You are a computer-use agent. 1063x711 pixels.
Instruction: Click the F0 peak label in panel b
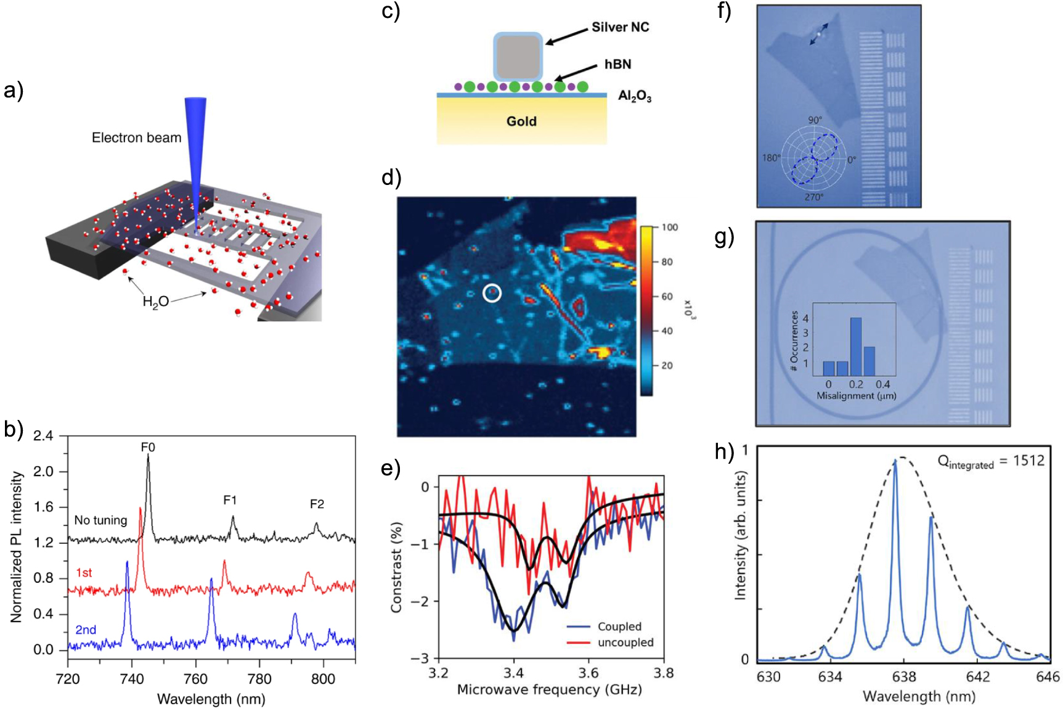(x=148, y=447)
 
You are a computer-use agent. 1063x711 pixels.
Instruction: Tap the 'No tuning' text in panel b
(x=100, y=520)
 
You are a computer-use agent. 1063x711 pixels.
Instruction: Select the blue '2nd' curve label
(x=86, y=630)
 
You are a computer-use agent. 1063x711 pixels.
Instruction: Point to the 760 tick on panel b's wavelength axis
(x=196, y=679)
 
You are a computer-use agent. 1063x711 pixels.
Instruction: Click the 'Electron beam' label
(x=136, y=138)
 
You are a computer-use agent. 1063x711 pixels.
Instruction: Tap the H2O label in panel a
(x=155, y=302)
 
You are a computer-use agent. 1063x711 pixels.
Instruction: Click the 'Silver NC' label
(x=620, y=27)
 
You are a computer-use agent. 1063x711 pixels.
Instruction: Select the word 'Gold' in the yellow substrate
(x=521, y=121)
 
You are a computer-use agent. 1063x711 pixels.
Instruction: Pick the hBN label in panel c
(x=617, y=65)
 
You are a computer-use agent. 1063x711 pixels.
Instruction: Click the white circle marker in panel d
(x=492, y=293)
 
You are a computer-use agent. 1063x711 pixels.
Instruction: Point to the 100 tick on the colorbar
(x=669, y=228)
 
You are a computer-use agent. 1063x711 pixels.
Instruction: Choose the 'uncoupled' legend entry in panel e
(x=625, y=643)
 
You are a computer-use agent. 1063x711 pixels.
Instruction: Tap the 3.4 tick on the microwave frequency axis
(x=513, y=672)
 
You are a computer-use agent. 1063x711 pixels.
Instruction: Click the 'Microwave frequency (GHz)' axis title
(x=549, y=689)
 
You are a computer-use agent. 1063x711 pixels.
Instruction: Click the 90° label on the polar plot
(x=815, y=120)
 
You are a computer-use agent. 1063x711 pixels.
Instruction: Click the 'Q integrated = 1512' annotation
(x=990, y=461)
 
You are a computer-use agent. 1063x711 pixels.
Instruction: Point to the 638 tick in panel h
(x=904, y=676)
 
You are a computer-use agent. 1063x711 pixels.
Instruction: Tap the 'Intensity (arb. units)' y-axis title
(x=740, y=535)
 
